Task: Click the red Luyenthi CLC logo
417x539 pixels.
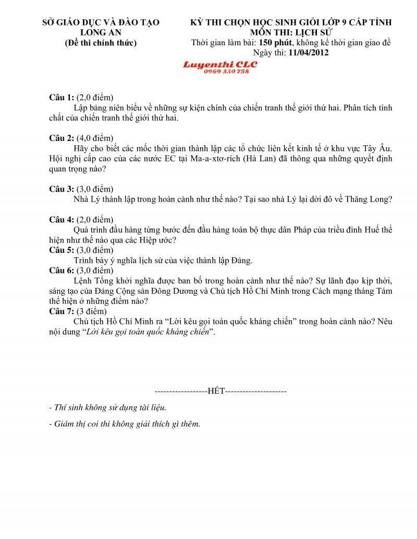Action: pos(220,65)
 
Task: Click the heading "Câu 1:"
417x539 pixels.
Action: pos(62,97)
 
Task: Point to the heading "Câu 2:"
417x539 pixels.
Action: pos(62,138)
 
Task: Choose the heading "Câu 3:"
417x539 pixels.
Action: pos(62,189)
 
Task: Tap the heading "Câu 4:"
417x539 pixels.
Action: pos(62,219)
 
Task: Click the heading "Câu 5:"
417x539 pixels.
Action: pos(62,250)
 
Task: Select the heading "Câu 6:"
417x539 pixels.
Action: pos(62,270)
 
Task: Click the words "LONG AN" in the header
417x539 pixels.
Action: pos(101,32)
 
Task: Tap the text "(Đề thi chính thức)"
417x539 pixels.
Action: pos(101,43)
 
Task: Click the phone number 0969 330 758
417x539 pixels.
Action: pos(226,71)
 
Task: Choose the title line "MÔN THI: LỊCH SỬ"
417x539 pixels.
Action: pos(291,32)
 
